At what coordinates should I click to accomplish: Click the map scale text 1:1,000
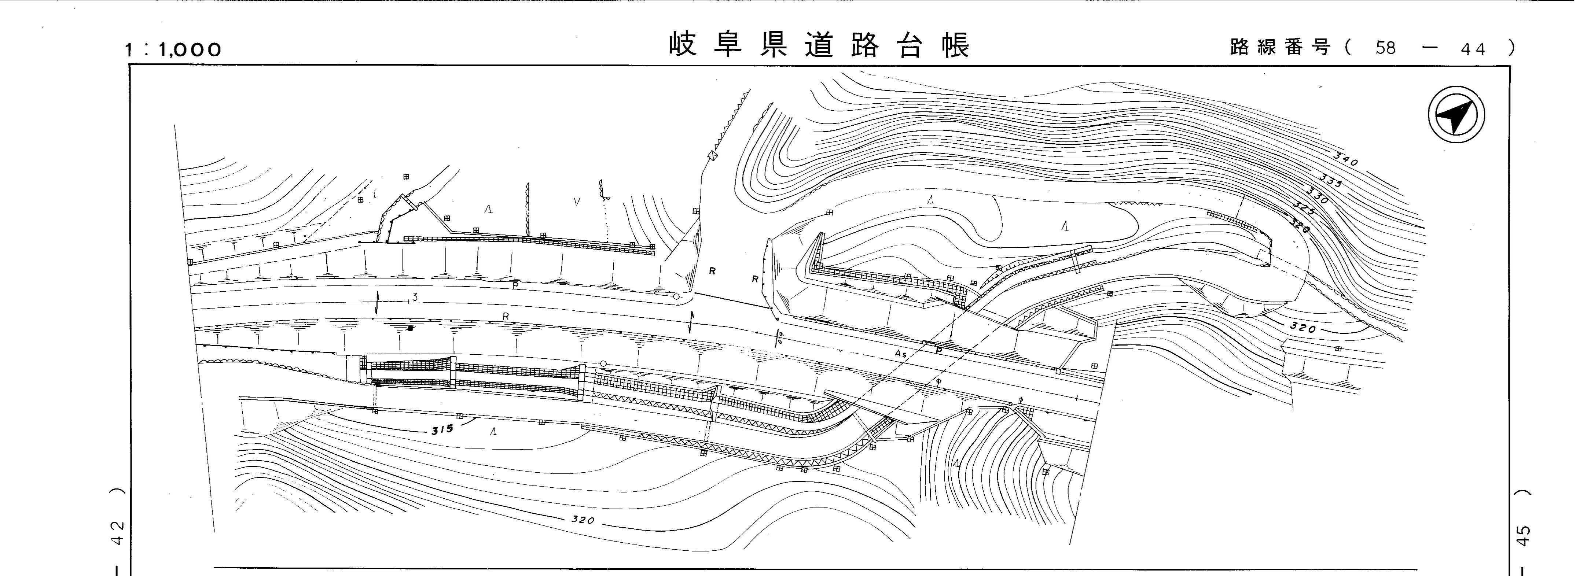click(x=173, y=49)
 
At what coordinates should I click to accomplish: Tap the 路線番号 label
click(x=1280, y=47)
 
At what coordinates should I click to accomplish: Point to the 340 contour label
click(x=1346, y=160)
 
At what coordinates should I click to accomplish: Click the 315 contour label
click(x=442, y=429)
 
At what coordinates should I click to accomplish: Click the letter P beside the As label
click(x=938, y=351)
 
